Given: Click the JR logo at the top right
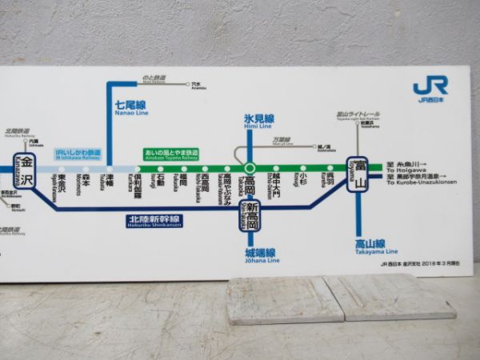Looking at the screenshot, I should (430, 88).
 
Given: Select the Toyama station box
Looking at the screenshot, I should (358, 171).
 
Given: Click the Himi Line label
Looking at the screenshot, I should (259, 122).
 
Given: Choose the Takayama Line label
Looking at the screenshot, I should (370, 246).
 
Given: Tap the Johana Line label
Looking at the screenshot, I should (262, 255).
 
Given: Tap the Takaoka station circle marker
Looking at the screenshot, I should (250, 168).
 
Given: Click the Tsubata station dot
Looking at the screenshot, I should (110, 168).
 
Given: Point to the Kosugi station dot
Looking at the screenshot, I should (302, 168).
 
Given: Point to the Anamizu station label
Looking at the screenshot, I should (198, 86).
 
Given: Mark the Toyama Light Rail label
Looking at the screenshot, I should (357, 115).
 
